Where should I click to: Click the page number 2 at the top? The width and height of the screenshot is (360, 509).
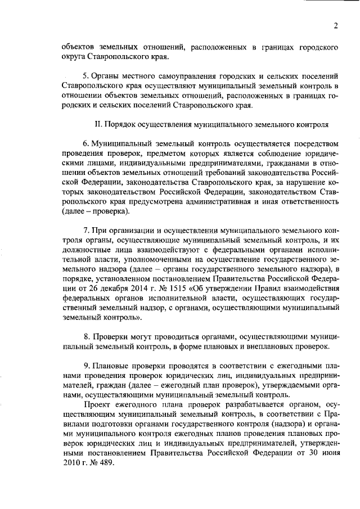tap(336, 26)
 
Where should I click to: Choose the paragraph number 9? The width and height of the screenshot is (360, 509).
tap(86, 364)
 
